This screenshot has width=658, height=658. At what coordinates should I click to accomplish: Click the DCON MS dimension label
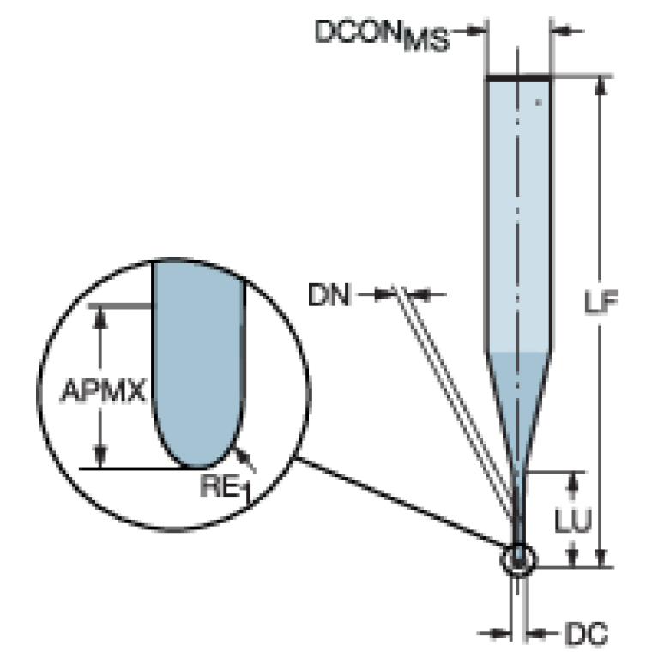[x=382, y=35]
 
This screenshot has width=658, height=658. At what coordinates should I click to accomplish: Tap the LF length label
[x=601, y=302]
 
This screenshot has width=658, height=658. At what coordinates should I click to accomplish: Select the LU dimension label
[x=573, y=521]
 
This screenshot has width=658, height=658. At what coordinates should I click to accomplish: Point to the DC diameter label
[x=586, y=633]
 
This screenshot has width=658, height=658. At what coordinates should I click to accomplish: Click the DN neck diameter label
[x=329, y=294]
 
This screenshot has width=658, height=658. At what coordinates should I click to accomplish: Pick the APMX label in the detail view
[x=103, y=390]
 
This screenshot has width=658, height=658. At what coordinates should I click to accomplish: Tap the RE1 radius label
[x=226, y=486]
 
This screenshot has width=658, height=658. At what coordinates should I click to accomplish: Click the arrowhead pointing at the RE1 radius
[x=240, y=453]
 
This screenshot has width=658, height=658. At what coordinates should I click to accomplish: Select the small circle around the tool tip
[x=519, y=544]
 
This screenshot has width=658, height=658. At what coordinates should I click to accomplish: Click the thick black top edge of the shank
[x=519, y=78]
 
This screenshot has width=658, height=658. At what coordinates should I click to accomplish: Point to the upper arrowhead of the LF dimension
[x=601, y=86]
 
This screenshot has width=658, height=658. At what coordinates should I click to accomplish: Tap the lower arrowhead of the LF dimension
[x=601, y=558]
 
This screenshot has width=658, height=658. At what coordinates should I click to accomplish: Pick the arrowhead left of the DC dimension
[x=500, y=633]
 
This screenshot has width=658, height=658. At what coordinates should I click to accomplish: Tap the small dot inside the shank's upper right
[x=539, y=101]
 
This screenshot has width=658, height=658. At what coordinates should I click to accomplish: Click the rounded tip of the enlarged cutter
[x=196, y=466]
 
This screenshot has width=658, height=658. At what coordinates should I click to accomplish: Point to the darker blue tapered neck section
[x=519, y=403]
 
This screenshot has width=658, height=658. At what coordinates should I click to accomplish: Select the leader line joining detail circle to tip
[x=401, y=502]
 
